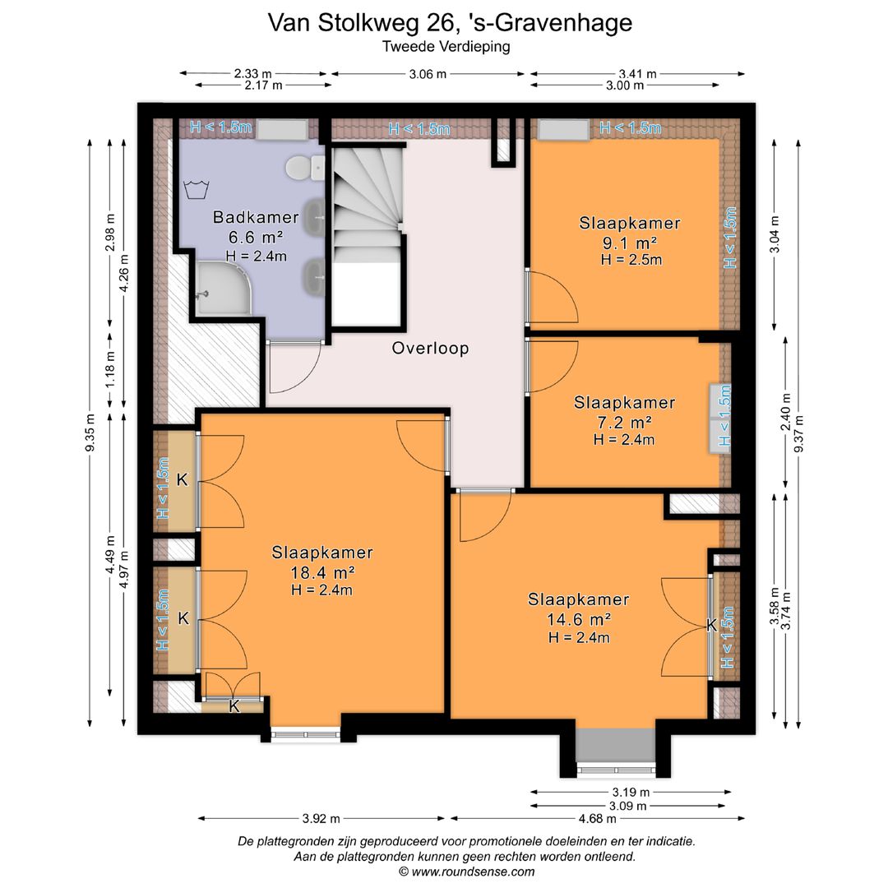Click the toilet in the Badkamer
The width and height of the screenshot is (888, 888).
[298, 168]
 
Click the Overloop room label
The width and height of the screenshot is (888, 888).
[430, 349]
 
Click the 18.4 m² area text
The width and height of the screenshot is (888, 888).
[323, 572]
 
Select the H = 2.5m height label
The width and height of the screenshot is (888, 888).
[631, 260]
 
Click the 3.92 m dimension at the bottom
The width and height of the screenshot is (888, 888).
[321, 818]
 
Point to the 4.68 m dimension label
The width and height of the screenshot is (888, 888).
[597, 818]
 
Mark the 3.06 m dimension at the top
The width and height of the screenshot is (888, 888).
[427, 74]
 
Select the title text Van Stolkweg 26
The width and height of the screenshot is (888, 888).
[450, 22]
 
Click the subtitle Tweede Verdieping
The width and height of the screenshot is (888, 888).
[446, 47]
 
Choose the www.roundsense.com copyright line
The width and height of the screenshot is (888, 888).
[465, 872]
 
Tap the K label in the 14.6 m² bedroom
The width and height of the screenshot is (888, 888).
[710, 626]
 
